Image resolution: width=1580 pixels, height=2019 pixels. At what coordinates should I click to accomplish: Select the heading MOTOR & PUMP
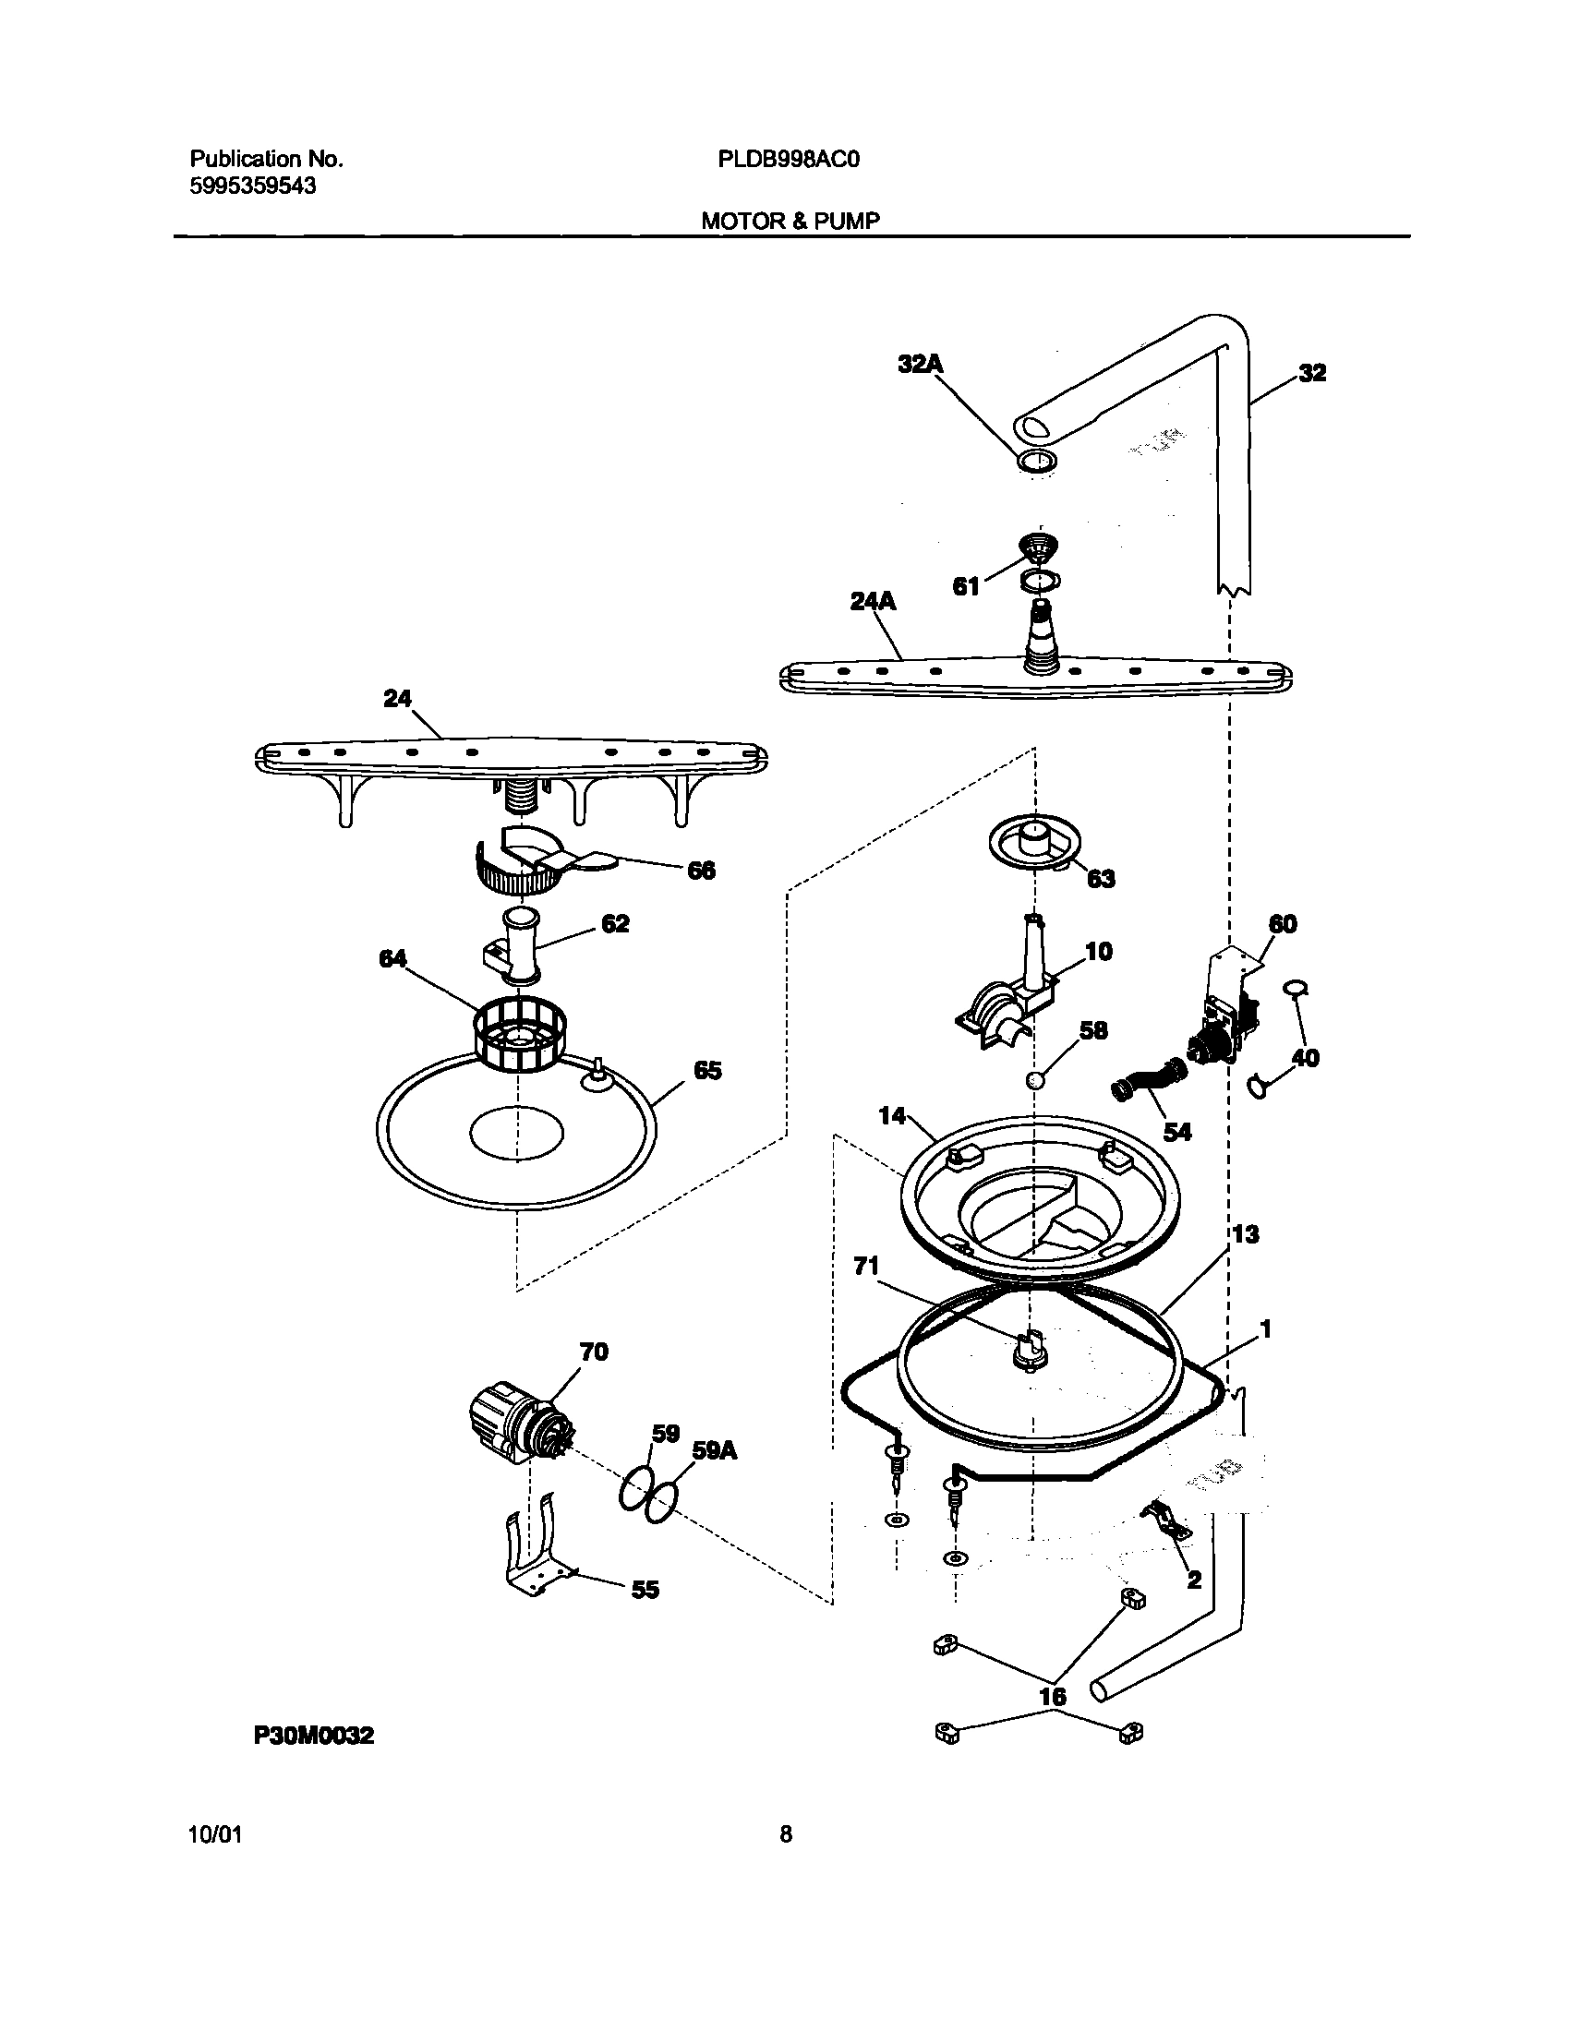(x=790, y=221)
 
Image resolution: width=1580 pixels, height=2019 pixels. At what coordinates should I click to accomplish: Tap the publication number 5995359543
(x=252, y=186)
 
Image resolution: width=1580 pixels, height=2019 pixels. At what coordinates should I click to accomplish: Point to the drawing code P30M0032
(x=314, y=1736)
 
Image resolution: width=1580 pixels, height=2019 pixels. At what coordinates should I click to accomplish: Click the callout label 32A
(x=920, y=365)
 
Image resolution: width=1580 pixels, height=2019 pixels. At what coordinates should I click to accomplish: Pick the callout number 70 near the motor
(x=594, y=1352)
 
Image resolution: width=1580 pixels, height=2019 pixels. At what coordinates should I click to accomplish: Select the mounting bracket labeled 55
(x=537, y=1554)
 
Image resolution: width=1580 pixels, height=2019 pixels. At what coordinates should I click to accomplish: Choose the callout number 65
(x=707, y=1071)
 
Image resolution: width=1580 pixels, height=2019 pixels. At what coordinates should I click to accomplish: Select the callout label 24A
(x=874, y=602)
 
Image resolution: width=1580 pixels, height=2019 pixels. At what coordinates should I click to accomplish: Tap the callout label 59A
(x=715, y=1450)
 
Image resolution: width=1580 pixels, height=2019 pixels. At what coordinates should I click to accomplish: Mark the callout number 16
(x=1053, y=1696)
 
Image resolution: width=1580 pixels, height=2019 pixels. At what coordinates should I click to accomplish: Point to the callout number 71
(x=866, y=1267)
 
